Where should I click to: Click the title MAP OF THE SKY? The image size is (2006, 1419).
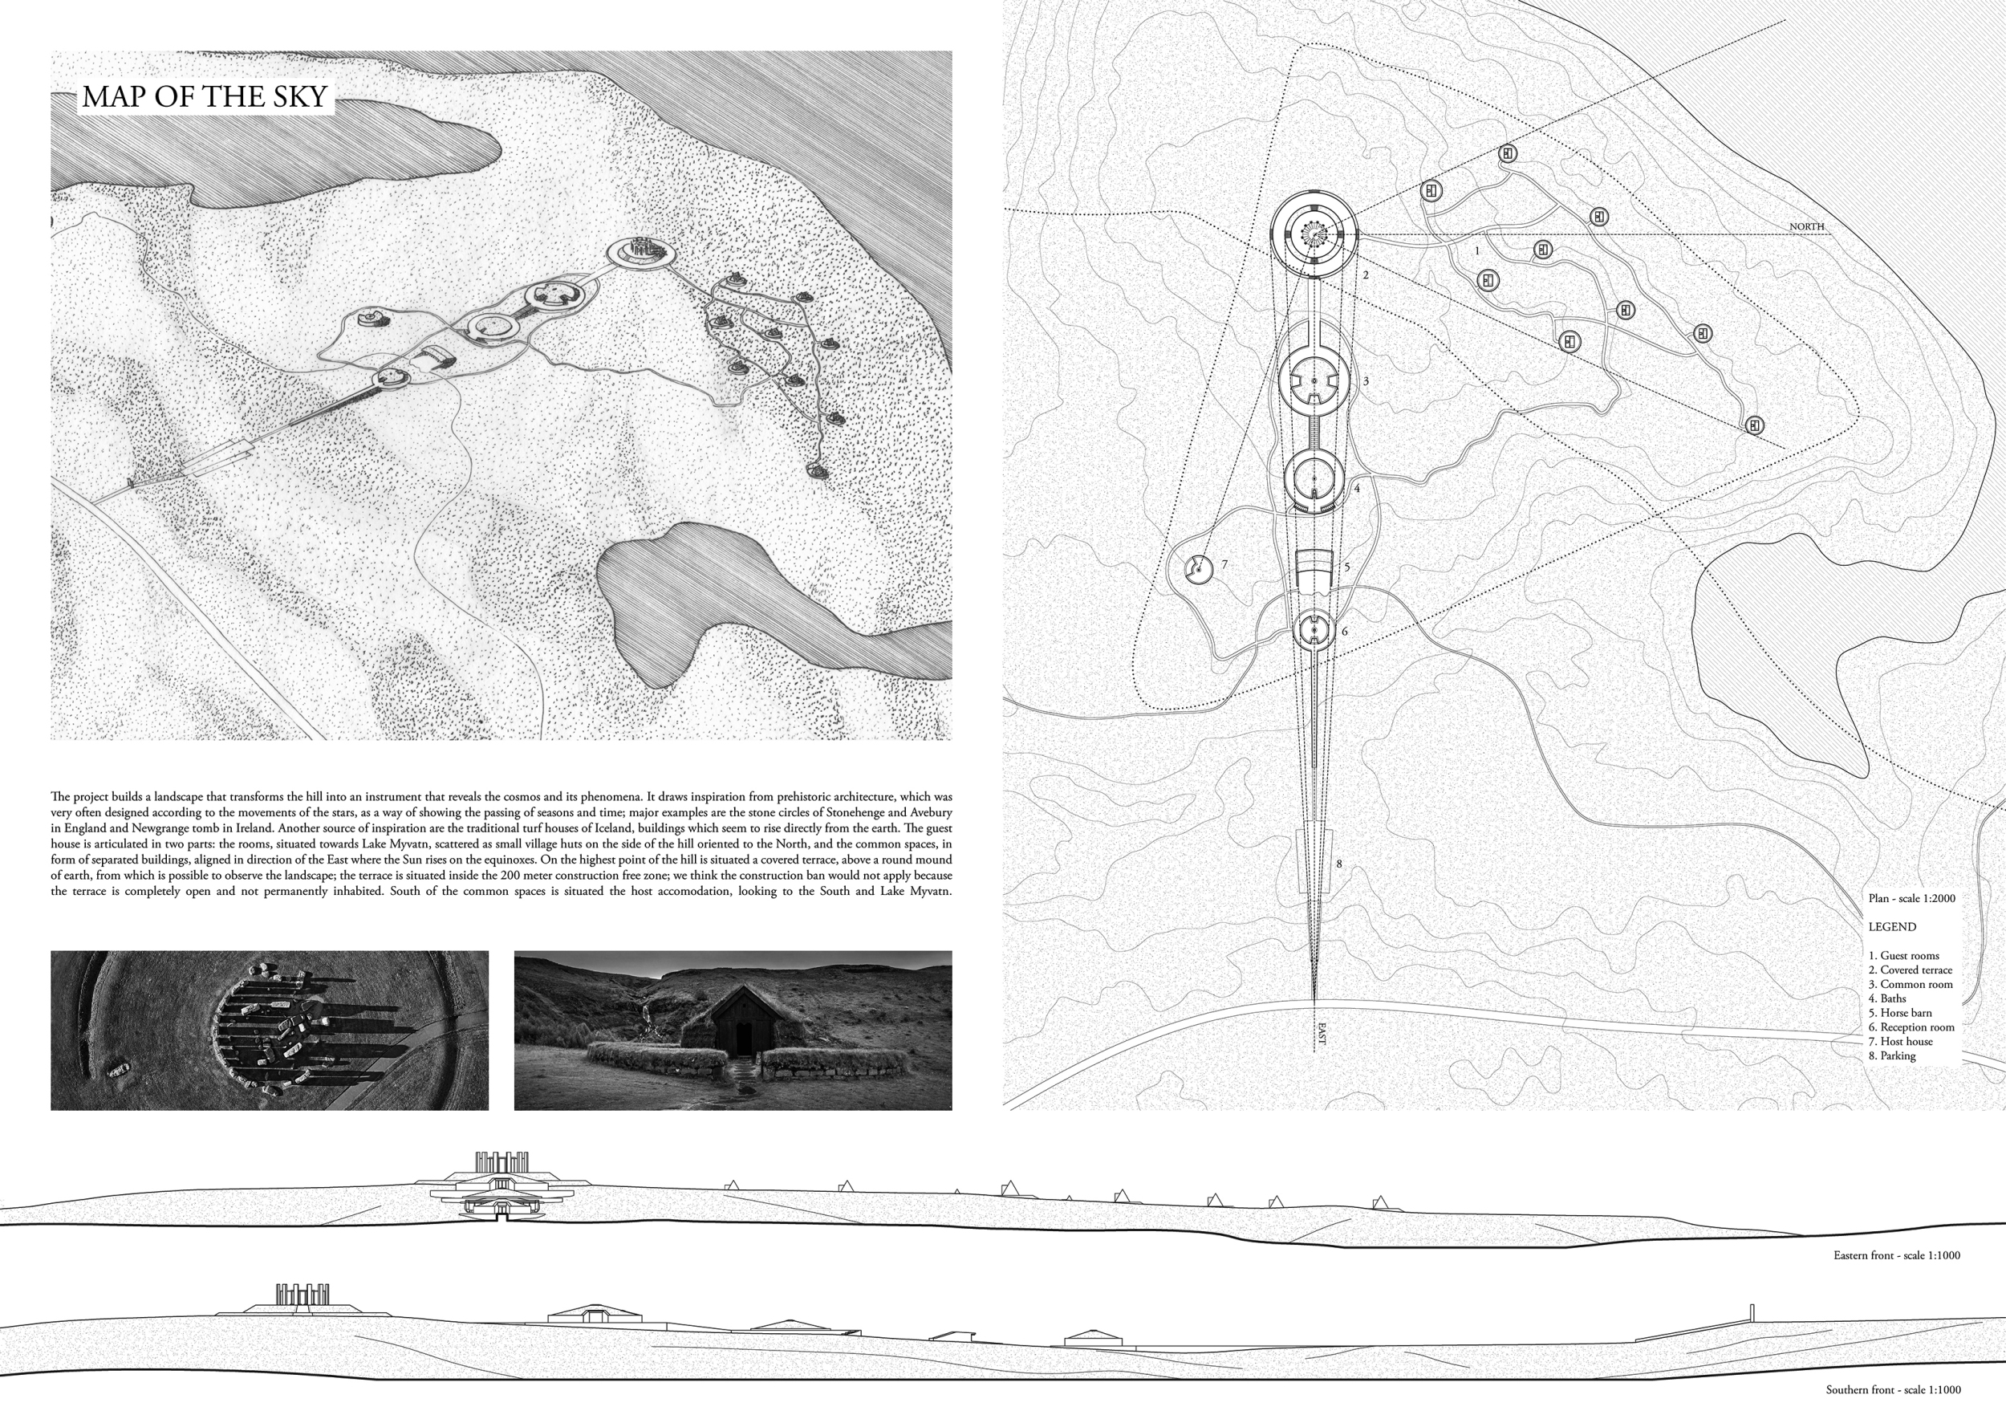pyautogui.click(x=205, y=97)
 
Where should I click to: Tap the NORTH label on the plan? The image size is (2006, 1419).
pyautogui.click(x=1806, y=227)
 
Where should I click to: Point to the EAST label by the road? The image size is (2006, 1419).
pyautogui.click(x=1320, y=1034)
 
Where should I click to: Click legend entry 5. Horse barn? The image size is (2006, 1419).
pyautogui.click(x=1900, y=1013)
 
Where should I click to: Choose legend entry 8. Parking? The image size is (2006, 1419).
pyautogui.click(x=1892, y=1055)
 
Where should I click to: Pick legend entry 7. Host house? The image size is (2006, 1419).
pyautogui.click(x=1901, y=1042)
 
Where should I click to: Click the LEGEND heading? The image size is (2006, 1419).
pyautogui.click(x=1892, y=927)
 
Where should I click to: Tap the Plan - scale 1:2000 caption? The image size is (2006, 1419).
pyautogui.click(x=1911, y=898)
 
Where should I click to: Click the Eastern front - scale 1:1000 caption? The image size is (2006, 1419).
pyautogui.click(x=1897, y=1255)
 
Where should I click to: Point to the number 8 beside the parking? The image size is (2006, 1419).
pyautogui.click(x=1338, y=865)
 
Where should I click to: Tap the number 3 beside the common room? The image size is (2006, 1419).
pyautogui.click(x=1366, y=382)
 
